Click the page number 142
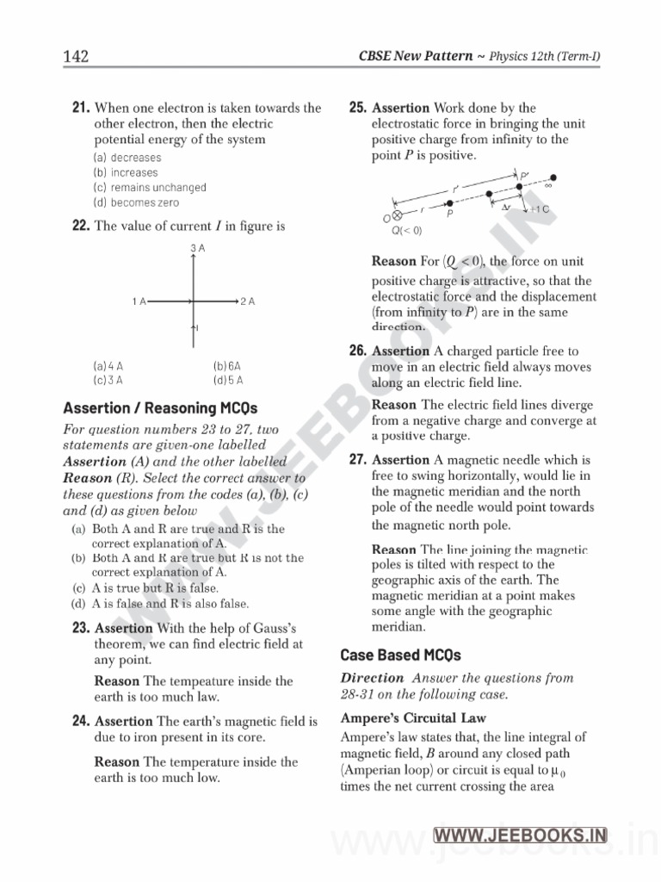(76, 57)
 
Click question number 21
(81, 109)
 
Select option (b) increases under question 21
(126, 172)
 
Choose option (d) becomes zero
(136, 202)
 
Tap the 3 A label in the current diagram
(197, 249)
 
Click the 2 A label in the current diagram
(248, 301)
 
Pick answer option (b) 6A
(227, 365)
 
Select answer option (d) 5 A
(228, 379)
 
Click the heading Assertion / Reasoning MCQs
(160, 407)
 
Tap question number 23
(81, 629)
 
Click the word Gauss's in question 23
(269, 629)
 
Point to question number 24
(81, 721)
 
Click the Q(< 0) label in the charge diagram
(406, 230)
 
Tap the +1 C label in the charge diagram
(539, 209)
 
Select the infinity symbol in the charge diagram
(548, 183)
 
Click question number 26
(358, 351)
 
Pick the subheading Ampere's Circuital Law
(413, 717)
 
